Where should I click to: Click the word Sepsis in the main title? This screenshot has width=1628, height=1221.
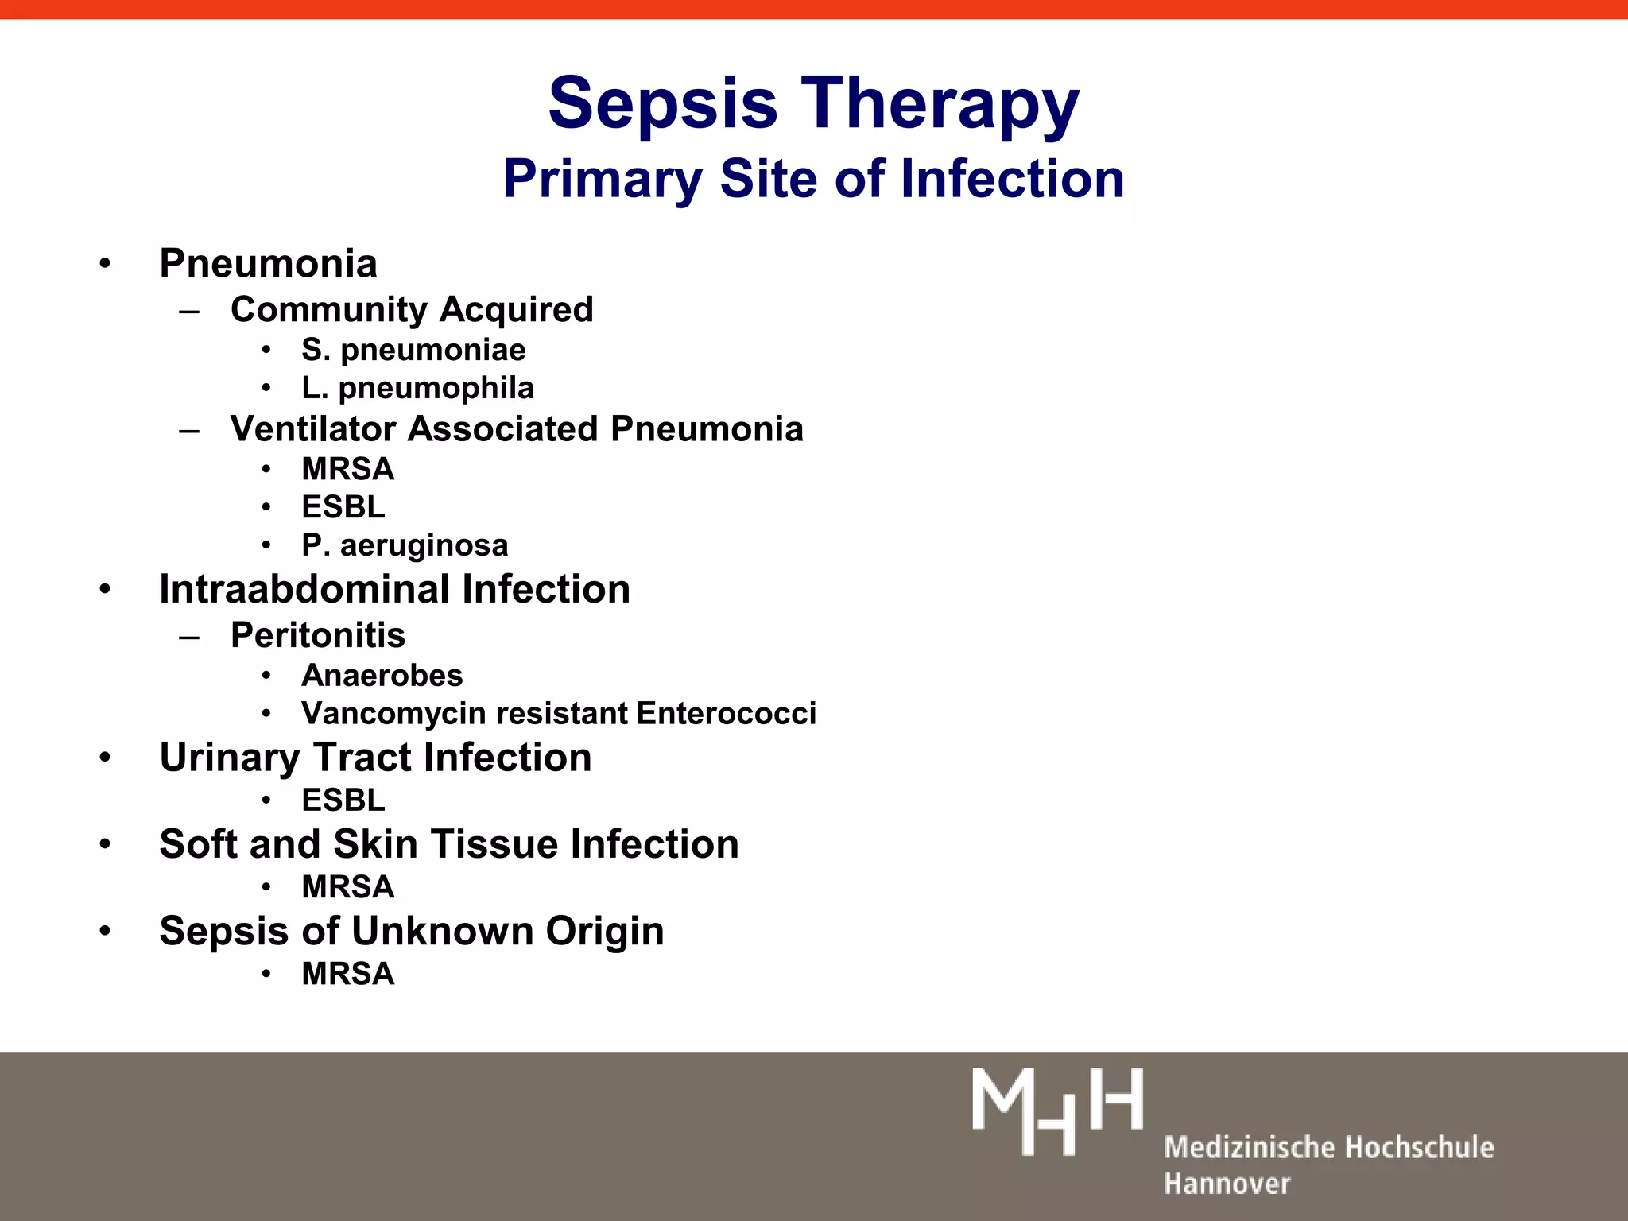click(662, 103)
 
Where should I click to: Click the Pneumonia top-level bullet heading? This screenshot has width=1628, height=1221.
click(268, 263)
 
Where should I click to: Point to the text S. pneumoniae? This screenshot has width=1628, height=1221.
click(413, 350)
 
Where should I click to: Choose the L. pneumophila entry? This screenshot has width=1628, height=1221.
click(417, 388)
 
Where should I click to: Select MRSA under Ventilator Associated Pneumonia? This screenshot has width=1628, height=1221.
click(347, 469)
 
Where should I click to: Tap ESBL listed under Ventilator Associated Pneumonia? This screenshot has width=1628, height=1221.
click(343, 506)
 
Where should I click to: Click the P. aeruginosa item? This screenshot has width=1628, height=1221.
click(405, 545)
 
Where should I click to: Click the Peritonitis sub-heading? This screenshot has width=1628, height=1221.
click(317, 635)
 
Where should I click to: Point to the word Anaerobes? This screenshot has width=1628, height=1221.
click(382, 676)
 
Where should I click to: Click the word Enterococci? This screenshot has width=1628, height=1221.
click(726, 714)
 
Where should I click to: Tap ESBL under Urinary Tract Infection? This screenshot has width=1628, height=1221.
click(343, 800)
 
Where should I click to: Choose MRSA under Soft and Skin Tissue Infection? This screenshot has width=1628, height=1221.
click(347, 887)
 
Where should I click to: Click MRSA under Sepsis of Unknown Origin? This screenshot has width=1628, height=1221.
click(347, 974)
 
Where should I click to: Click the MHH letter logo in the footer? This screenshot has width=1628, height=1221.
click(1057, 1111)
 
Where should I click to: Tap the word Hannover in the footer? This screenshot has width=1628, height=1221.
click(1227, 1184)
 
